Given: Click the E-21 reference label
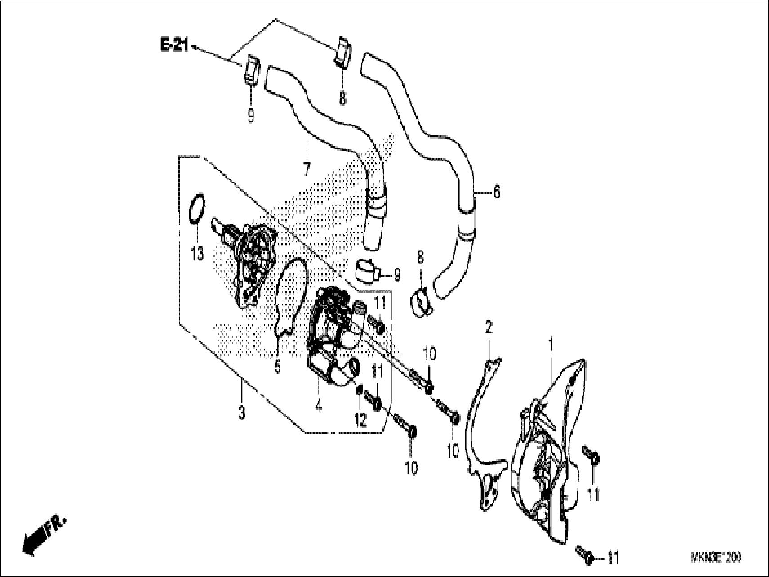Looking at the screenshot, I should (x=174, y=45).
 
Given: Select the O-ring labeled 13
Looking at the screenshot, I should (x=197, y=209).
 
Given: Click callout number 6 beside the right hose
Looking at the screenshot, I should (x=496, y=192).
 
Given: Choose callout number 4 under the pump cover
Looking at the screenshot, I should (x=318, y=407).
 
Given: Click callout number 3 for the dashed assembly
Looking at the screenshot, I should (x=241, y=412).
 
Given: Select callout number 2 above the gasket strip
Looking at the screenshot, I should (x=489, y=327).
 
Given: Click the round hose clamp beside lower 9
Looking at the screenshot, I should (x=367, y=271).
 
